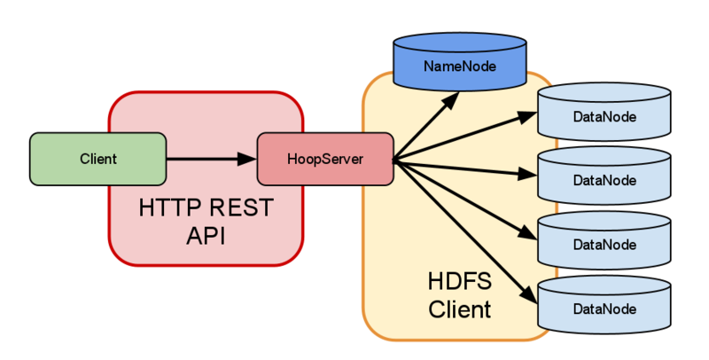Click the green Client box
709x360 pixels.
pyautogui.click(x=98, y=159)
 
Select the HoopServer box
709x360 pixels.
pyautogui.click(x=325, y=160)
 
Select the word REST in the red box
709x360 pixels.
pyautogui.click(x=240, y=209)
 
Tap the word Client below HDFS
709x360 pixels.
pyautogui.click(x=459, y=310)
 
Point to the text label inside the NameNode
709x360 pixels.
pyautogui.click(x=458, y=67)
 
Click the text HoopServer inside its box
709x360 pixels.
pyautogui.click(x=325, y=160)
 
